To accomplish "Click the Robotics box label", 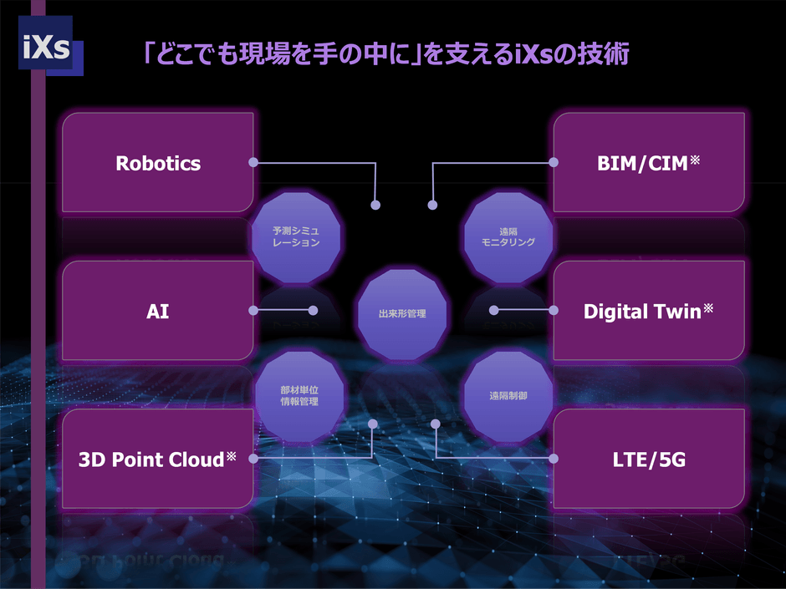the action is tap(158, 163).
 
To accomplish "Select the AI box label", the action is tap(157, 312).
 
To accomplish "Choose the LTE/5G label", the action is tap(649, 460).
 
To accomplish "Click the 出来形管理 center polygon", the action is tap(402, 314).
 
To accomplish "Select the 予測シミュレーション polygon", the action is tap(296, 236).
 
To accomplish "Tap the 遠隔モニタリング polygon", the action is tap(508, 237).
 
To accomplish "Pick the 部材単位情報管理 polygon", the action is tap(299, 396).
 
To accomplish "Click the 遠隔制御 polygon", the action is tap(508, 396).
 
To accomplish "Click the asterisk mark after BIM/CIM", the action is tap(695, 160).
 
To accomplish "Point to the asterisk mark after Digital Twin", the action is tap(708, 308).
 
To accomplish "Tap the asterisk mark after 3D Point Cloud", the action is tap(231, 456).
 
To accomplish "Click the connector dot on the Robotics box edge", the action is tap(253, 162).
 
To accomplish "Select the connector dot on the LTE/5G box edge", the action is tap(554, 459).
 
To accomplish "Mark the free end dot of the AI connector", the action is tap(314, 311).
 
